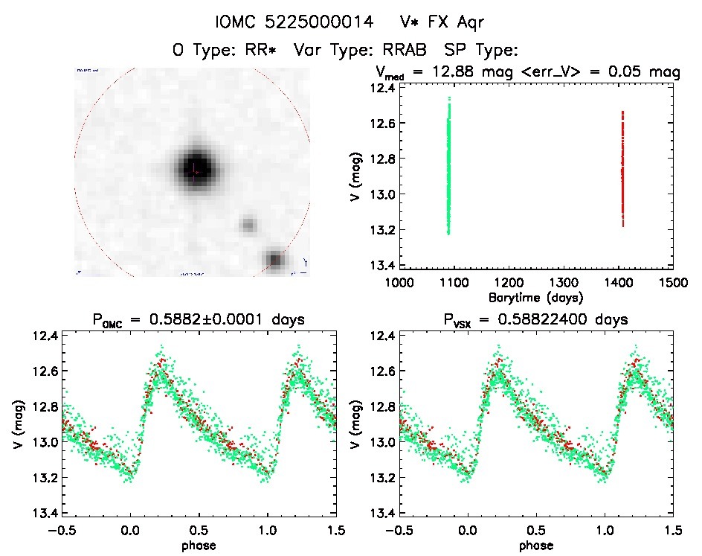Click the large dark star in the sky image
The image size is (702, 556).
[196, 170]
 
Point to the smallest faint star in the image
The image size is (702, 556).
[248, 224]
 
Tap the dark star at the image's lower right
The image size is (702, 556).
[276, 259]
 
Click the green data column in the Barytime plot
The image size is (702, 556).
[448, 167]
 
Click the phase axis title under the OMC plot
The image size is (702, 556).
[197, 545]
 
